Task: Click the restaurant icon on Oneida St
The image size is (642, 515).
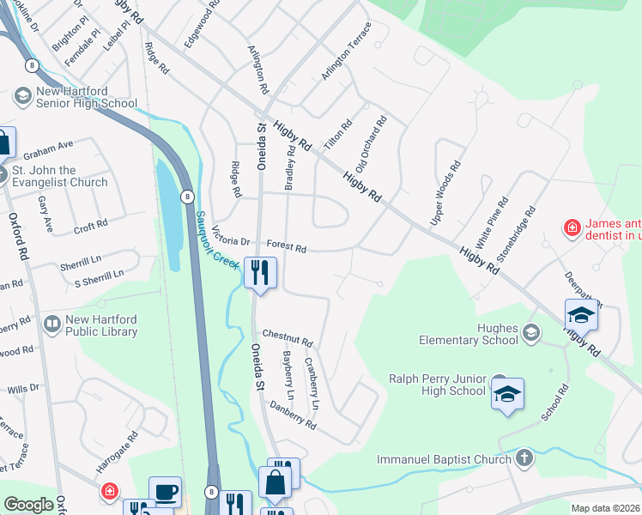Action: click(258, 273)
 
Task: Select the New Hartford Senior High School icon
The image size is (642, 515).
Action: click(23, 96)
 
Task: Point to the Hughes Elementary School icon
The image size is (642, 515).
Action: click(531, 332)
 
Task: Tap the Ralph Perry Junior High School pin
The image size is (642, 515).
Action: click(507, 393)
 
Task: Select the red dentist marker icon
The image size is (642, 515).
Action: click(571, 228)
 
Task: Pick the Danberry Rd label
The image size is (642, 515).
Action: click(293, 414)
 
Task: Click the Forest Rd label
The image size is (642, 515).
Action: click(287, 247)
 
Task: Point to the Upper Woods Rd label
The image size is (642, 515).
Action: click(445, 191)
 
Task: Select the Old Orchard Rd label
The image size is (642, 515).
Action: click(372, 144)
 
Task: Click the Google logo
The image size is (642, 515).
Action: click(28, 505)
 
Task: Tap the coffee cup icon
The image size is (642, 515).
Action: click(165, 492)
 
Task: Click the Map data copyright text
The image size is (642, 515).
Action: click(605, 508)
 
